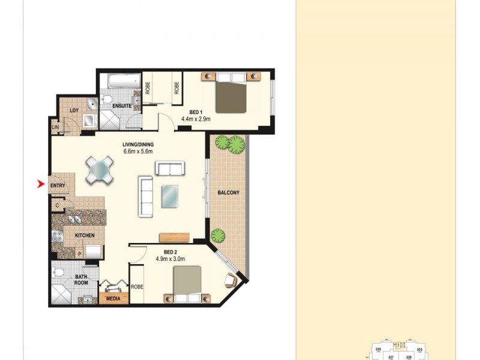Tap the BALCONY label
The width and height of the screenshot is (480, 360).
coord(228,193)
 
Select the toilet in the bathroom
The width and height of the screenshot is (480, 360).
coord(59,273)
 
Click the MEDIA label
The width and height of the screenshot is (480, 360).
coord(113,298)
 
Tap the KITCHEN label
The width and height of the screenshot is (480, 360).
coord(85,236)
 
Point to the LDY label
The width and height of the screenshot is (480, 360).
coord(74,110)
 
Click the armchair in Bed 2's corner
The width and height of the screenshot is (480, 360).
coord(232,280)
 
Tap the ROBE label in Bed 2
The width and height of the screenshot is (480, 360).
coord(137,287)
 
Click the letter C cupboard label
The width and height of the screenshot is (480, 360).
coord(57,205)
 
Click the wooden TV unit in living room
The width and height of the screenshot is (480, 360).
coord(175,235)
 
